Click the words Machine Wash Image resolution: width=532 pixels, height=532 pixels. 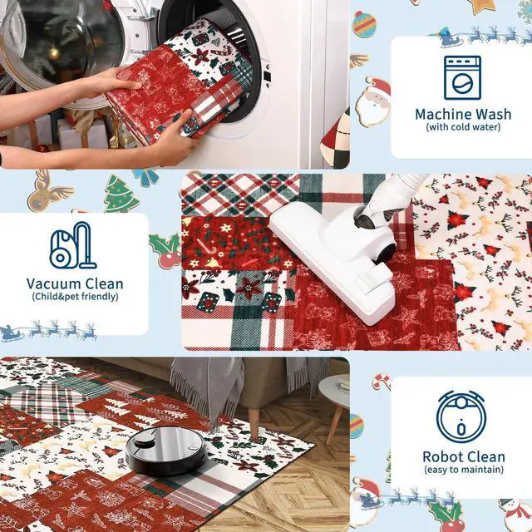click(463, 114)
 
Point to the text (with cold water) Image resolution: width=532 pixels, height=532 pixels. click(463, 127)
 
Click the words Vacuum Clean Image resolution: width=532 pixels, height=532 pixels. click(75, 283)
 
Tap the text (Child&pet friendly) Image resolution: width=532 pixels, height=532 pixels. click(75, 296)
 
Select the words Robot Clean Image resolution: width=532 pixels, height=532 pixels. click(463, 456)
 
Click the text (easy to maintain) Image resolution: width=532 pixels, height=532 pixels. click(463, 470)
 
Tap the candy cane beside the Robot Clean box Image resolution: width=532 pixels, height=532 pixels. click(382, 381)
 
